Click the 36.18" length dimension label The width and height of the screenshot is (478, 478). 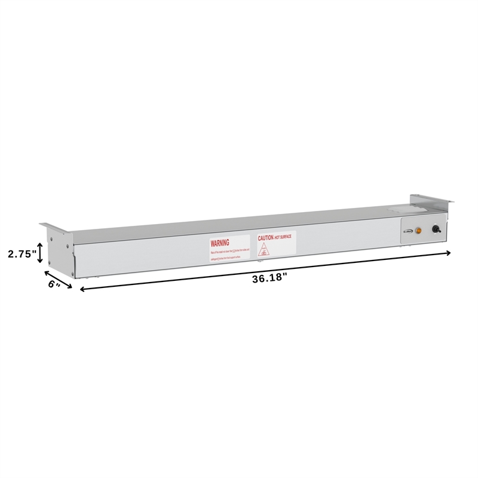coord(269,277)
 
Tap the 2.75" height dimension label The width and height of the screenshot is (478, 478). coord(22,253)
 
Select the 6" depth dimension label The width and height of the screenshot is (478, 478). coord(54,285)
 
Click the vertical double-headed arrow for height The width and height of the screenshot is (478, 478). coord(40,253)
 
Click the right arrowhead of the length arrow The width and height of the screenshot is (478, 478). coord(446,253)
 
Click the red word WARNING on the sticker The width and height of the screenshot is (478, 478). coord(220,243)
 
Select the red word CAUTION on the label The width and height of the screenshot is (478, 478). coord(266,237)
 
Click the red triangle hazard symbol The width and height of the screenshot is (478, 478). coord(263,250)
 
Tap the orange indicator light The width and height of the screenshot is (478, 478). coord(418,229)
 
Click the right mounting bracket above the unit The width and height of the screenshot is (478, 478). coord(430,202)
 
